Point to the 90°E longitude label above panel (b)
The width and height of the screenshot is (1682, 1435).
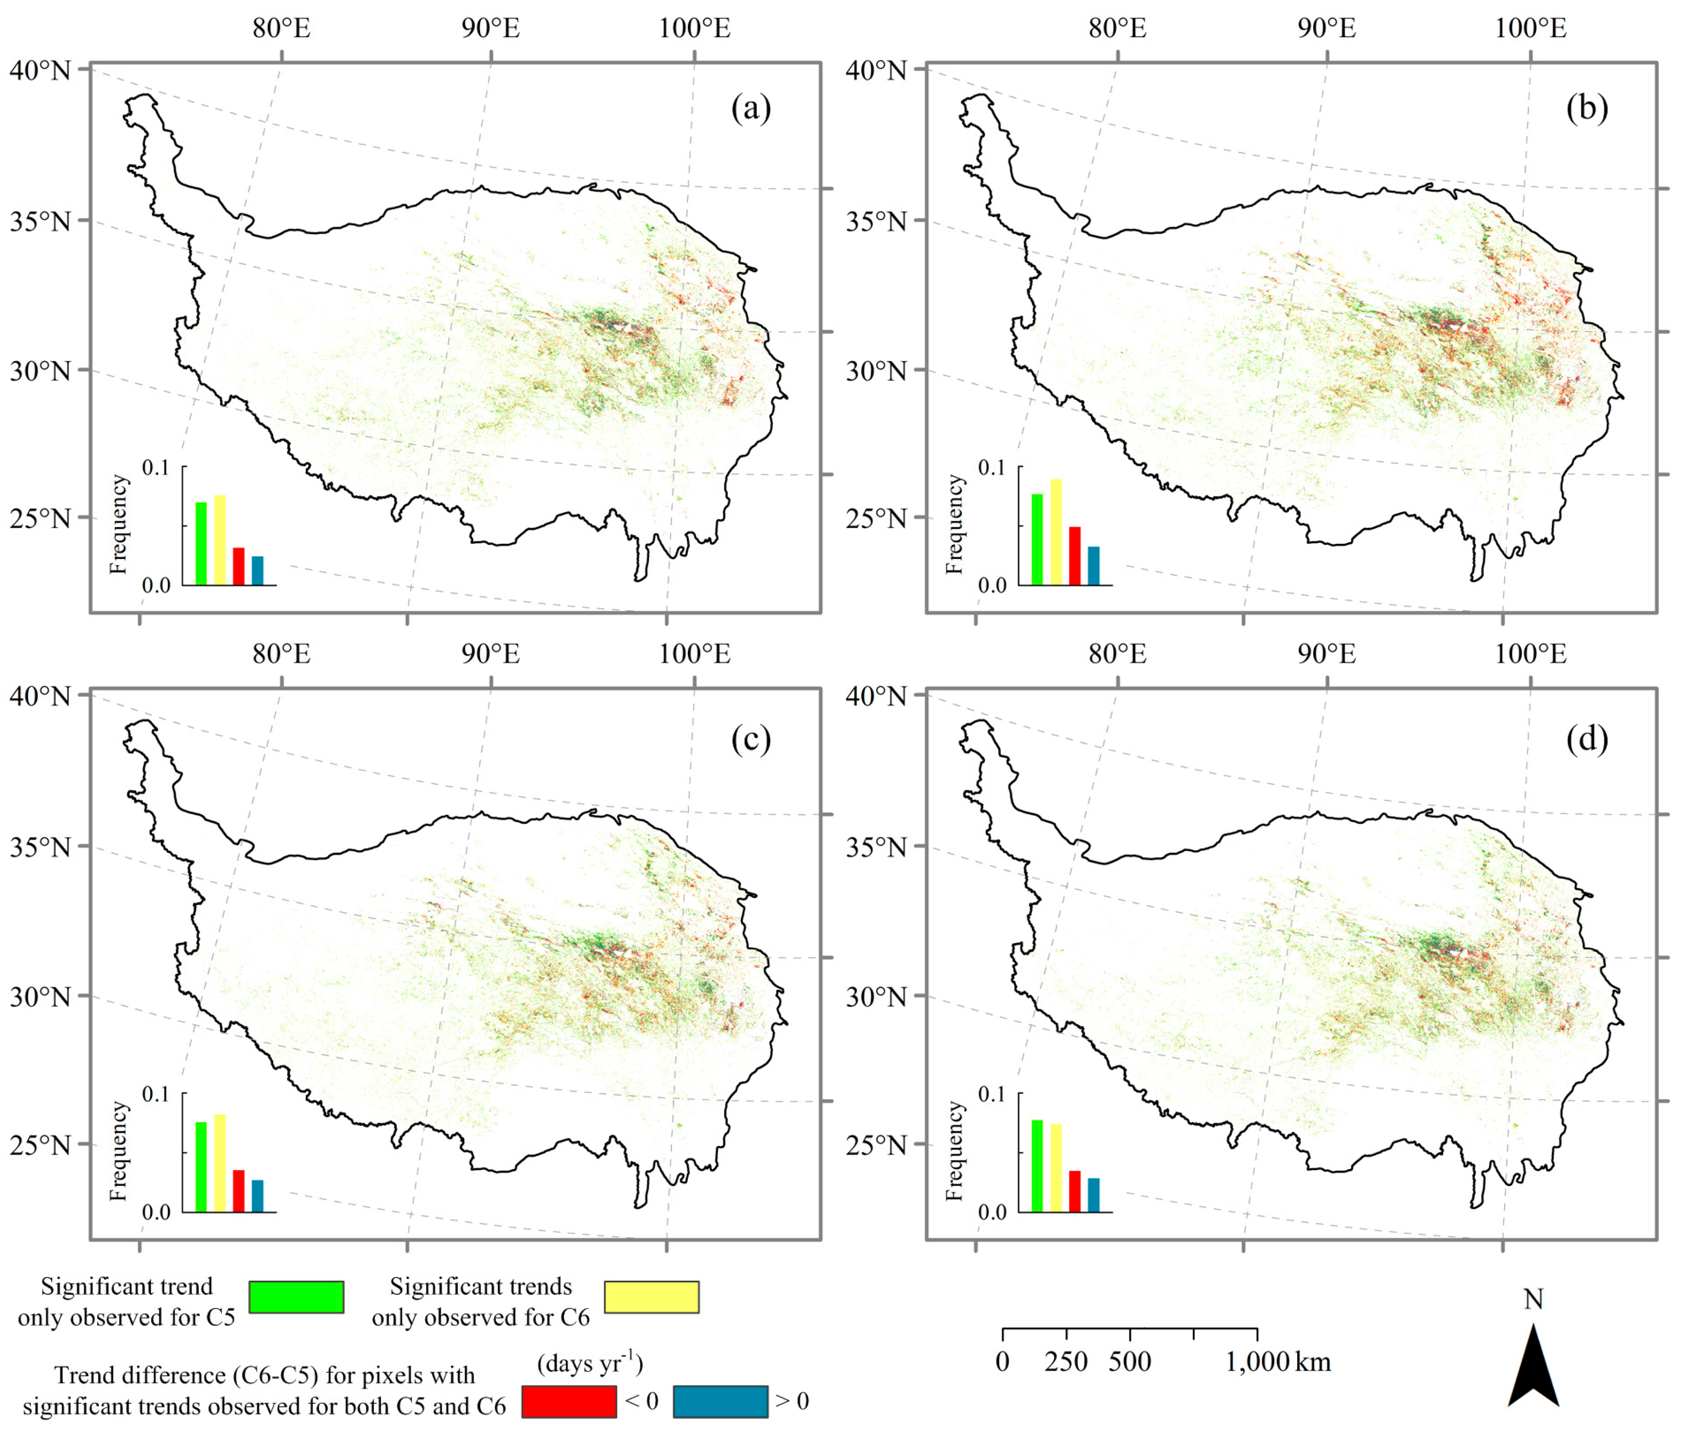1326,29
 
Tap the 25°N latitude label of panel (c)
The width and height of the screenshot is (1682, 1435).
40,1145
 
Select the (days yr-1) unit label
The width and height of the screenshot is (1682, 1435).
590,1364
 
